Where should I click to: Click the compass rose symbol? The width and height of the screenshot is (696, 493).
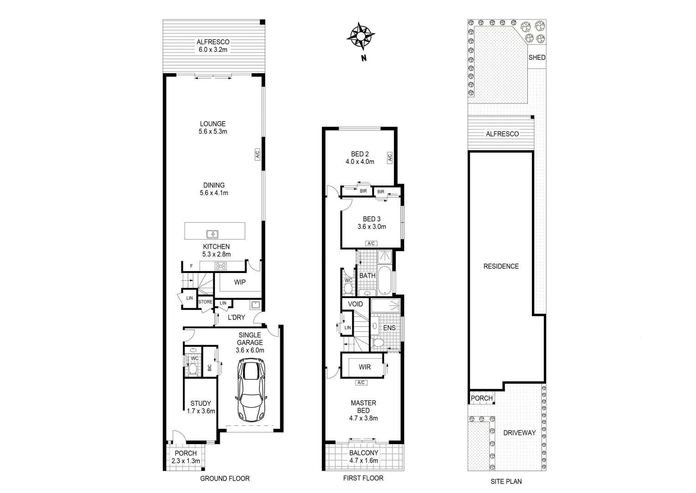tap(361, 36)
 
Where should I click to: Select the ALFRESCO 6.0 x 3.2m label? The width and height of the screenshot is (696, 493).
tap(213, 46)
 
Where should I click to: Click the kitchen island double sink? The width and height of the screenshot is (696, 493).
tap(212, 234)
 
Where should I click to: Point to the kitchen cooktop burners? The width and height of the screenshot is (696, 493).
tap(221, 266)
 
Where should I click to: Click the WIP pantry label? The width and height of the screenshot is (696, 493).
tap(240, 282)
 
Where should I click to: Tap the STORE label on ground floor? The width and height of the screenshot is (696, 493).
tap(206, 302)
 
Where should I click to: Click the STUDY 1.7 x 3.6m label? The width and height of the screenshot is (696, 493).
tap(201, 407)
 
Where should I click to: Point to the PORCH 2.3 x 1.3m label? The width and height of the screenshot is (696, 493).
tap(186, 456)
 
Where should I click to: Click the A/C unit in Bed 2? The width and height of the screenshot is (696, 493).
tap(390, 158)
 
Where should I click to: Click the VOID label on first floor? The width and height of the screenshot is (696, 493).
tap(356, 304)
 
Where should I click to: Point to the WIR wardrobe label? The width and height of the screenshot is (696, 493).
tap(365, 367)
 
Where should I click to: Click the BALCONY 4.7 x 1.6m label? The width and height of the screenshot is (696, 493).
tap(363, 456)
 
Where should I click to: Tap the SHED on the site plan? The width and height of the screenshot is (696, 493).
tap(536, 58)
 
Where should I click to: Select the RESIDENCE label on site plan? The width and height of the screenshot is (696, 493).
tap(501, 266)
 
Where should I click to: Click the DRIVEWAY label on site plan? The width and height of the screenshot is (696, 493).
tap(519, 432)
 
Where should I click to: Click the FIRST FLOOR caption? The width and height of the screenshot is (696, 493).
tap(363, 478)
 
